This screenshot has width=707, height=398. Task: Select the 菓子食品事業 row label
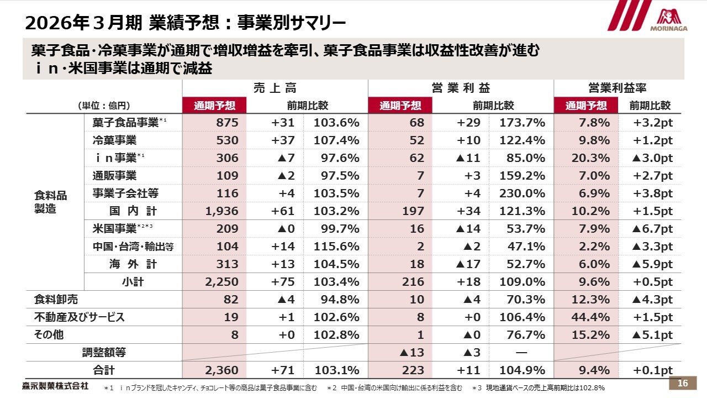[125, 123]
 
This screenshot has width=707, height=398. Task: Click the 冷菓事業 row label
[114, 140]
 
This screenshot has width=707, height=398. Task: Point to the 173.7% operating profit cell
[523, 123]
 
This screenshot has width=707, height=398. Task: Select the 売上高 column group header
[275, 88]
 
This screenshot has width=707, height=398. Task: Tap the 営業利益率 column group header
[618, 88]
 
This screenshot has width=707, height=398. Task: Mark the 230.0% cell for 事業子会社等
[523, 193]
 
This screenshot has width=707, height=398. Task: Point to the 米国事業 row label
[114, 229]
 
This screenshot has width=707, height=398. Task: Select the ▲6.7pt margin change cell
[652, 229]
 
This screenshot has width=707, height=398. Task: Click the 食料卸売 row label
[56, 300]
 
